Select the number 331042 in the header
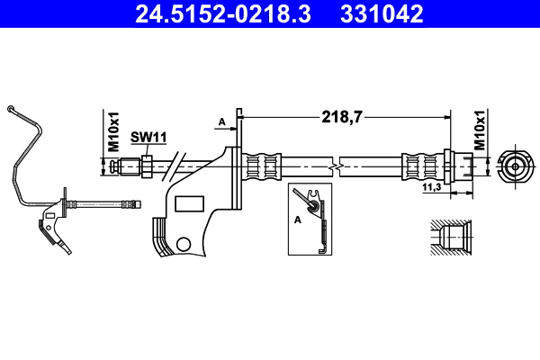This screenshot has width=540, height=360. (379, 15)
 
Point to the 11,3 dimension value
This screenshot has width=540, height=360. (432, 187)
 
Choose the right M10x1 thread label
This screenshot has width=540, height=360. (480, 131)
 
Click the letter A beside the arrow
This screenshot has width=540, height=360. (220, 121)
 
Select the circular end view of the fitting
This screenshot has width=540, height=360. (514, 166)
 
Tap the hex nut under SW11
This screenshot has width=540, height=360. (144, 166)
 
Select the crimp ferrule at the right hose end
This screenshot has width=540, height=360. (418, 166)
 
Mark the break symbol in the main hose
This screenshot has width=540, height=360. (334, 166)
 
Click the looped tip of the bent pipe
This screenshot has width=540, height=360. (11, 110)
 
